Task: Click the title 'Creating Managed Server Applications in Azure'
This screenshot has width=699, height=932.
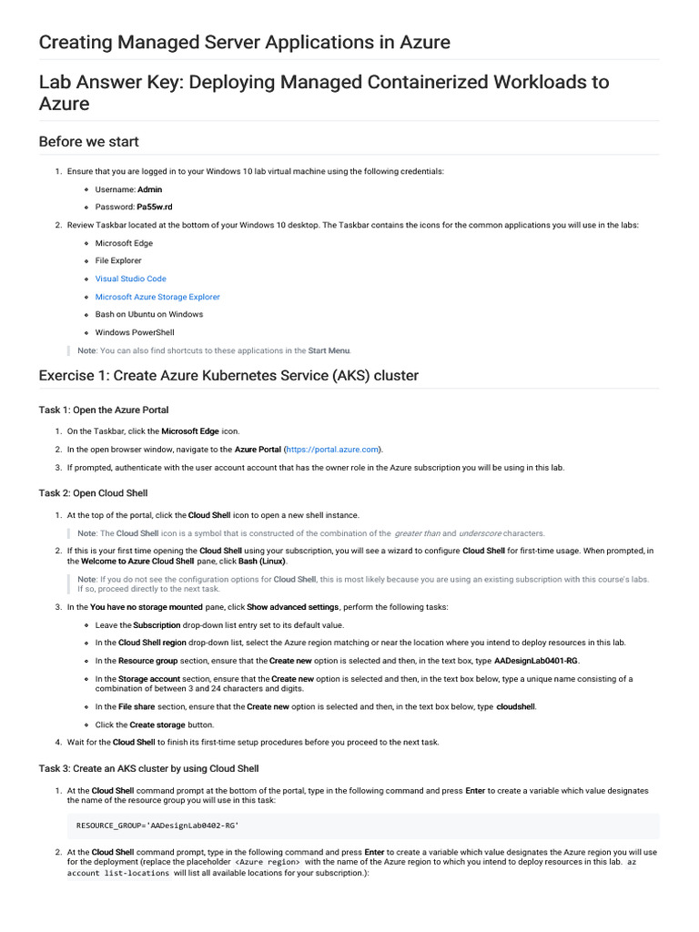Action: pos(244,42)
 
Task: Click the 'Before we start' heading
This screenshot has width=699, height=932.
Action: pos(88,141)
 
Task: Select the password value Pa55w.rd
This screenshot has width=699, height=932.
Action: pos(156,207)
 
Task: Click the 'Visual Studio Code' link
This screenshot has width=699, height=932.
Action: pos(130,279)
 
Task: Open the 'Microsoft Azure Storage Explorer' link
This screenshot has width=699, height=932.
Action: pos(157,297)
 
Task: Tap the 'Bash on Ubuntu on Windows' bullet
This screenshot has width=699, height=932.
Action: pos(148,314)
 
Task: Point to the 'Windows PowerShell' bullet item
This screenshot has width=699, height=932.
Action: pos(134,332)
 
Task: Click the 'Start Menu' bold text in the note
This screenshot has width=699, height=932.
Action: pos(329,350)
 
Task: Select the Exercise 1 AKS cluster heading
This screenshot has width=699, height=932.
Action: pos(228,376)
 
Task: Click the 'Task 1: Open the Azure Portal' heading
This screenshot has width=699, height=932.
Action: pos(104,410)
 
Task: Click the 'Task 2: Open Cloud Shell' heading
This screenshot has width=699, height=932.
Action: pos(93,492)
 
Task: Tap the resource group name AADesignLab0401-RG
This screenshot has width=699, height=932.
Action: pos(536,661)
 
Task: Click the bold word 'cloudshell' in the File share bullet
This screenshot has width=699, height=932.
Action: pos(516,706)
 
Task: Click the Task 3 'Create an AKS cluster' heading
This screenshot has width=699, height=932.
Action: pos(148,768)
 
